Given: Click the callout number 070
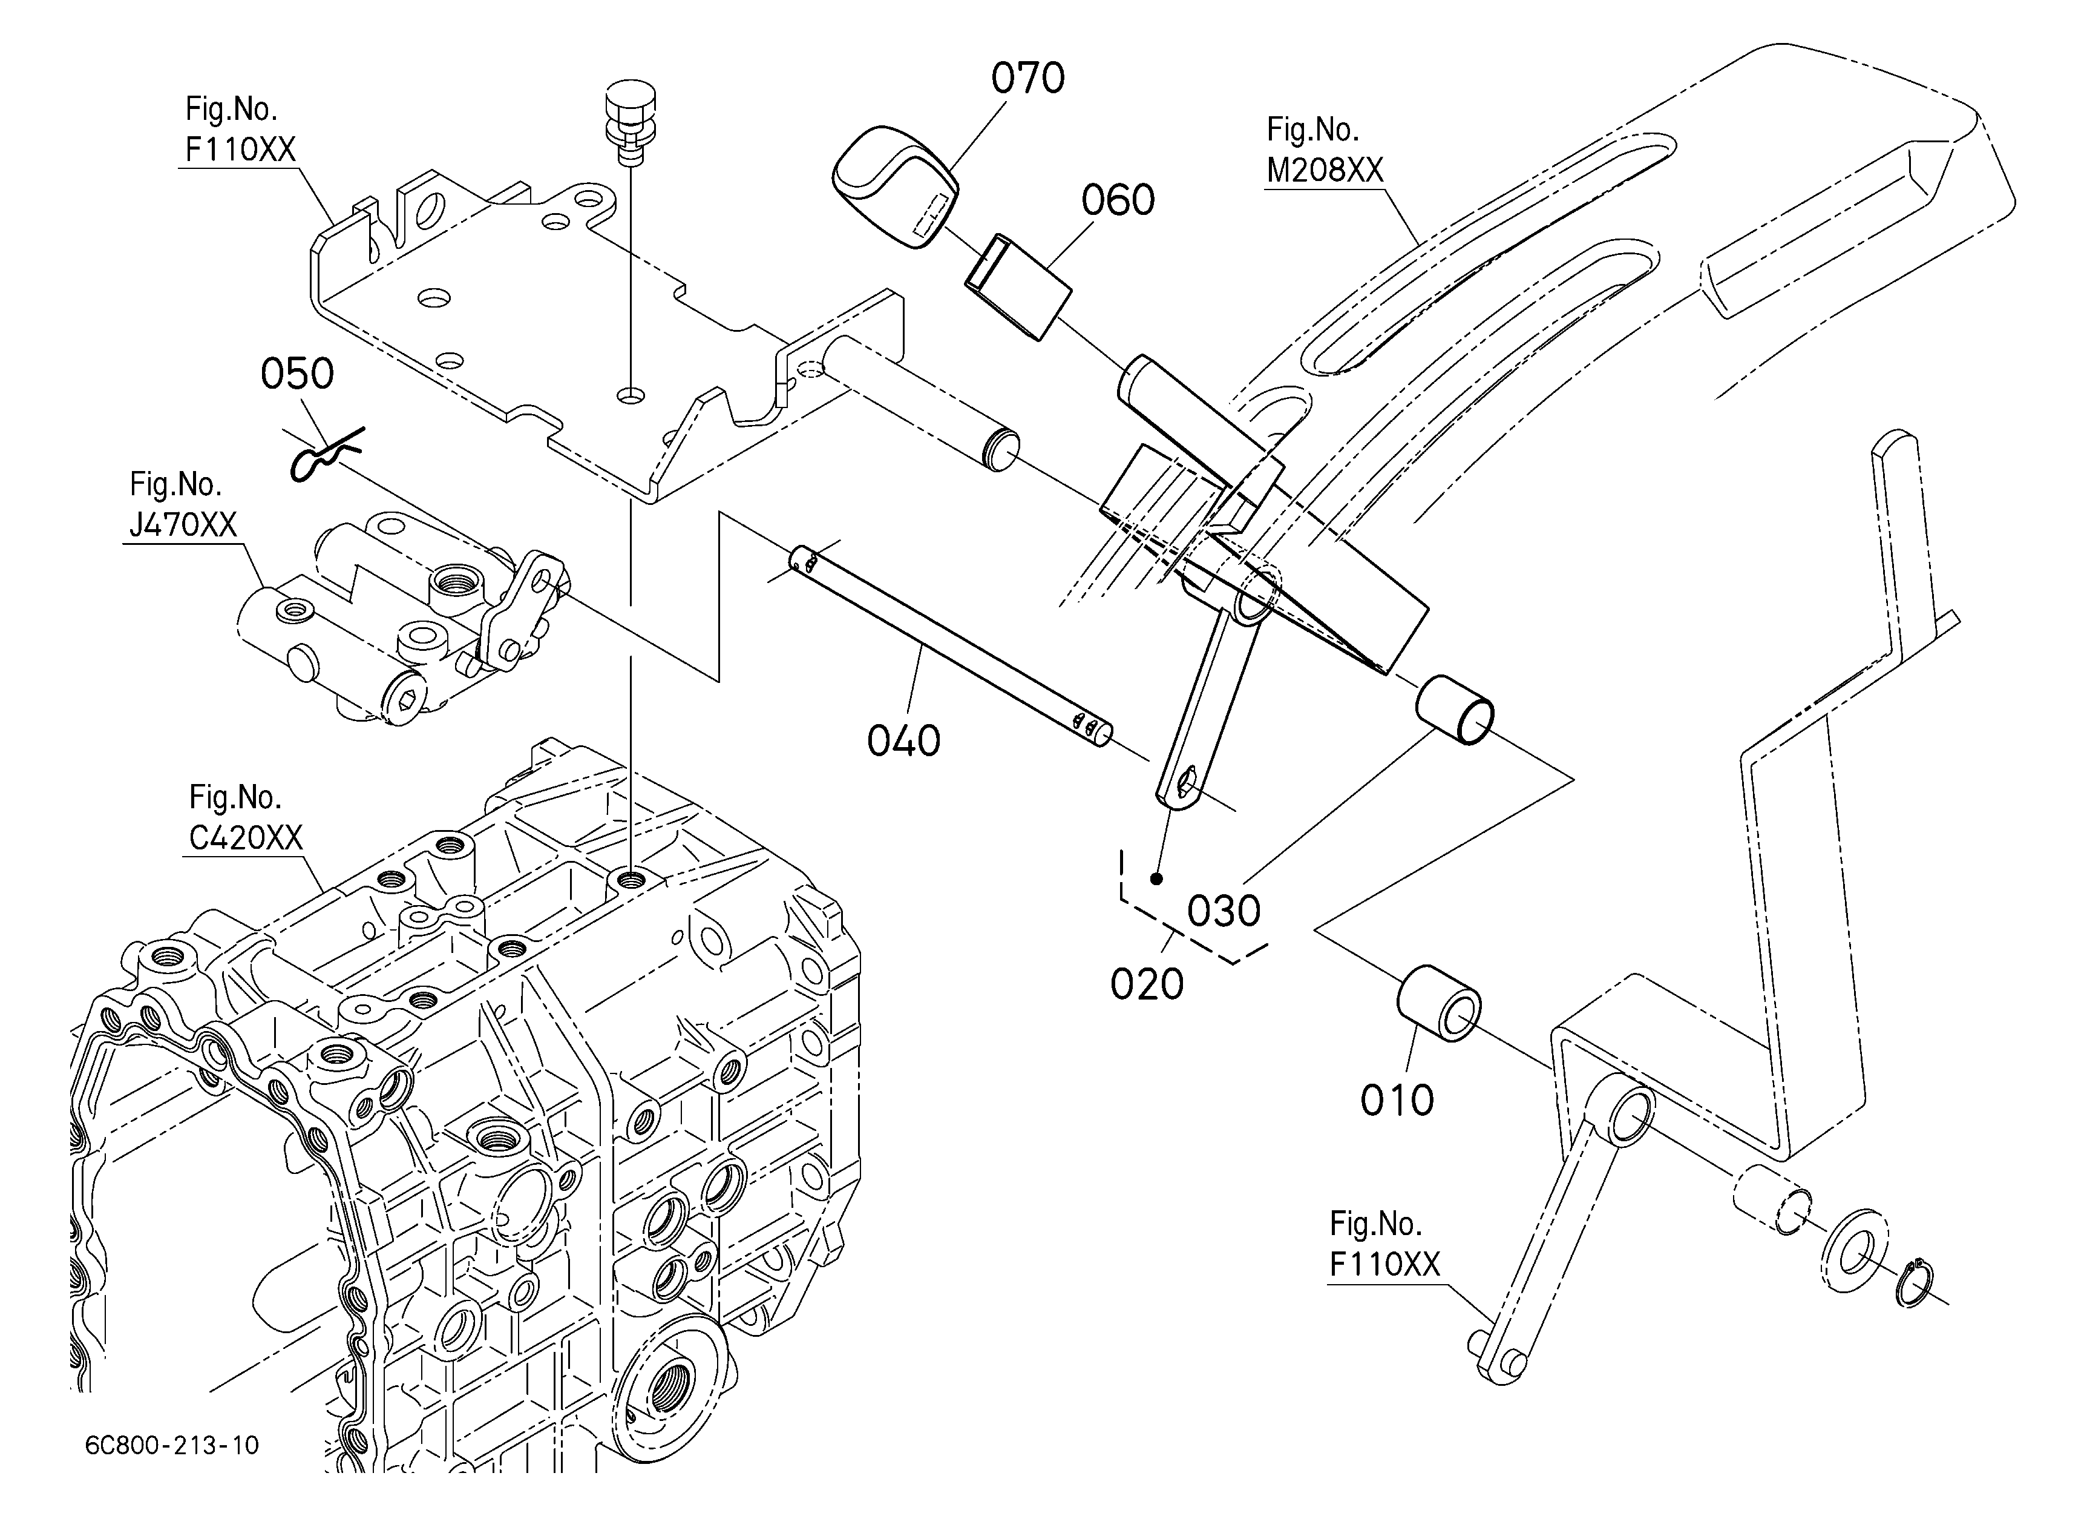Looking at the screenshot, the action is click(1028, 78).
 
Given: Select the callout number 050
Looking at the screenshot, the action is click(297, 374).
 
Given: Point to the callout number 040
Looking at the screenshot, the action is click(903, 740).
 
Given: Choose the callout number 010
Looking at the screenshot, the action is click(1397, 1100).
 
